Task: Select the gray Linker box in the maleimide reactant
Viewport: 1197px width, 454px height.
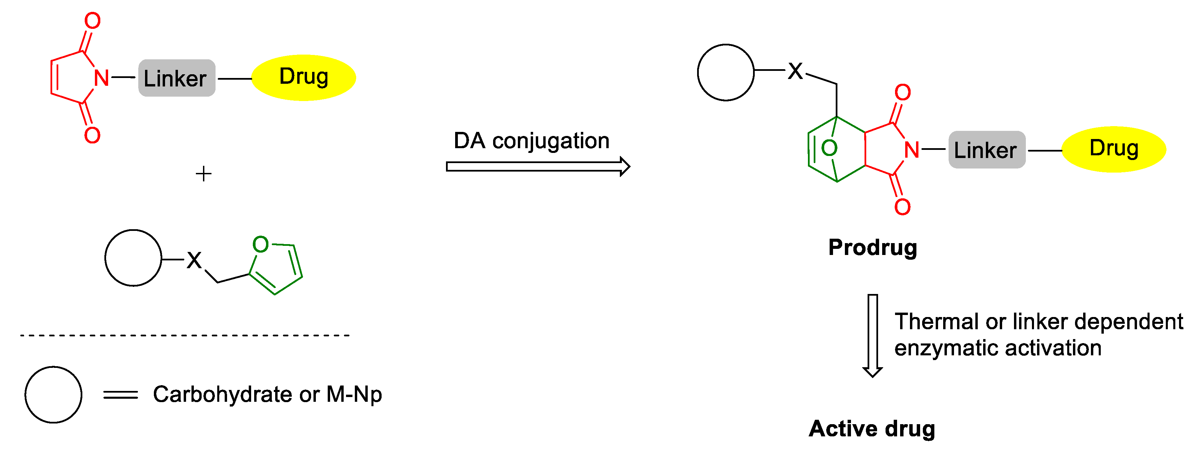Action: point(177,78)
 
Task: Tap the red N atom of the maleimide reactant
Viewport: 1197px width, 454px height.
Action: point(102,78)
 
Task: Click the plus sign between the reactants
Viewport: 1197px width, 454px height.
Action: point(204,174)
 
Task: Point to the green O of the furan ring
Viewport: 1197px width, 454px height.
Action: point(261,244)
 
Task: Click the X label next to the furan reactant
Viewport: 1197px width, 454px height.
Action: point(194,260)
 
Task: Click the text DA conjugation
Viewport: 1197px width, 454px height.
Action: point(531,141)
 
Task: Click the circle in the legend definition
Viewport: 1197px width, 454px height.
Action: point(54,395)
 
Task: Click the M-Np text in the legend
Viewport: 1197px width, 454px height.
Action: point(354,395)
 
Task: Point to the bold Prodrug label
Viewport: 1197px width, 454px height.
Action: point(872,247)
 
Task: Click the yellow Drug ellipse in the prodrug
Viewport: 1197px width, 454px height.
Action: point(1114,149)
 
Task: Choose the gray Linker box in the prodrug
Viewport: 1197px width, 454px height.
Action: point(987,150)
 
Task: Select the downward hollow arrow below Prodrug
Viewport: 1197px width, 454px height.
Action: point(873,335)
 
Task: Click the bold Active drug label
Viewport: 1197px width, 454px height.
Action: point(872,429)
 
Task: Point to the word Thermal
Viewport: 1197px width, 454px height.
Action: point(938,321)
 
